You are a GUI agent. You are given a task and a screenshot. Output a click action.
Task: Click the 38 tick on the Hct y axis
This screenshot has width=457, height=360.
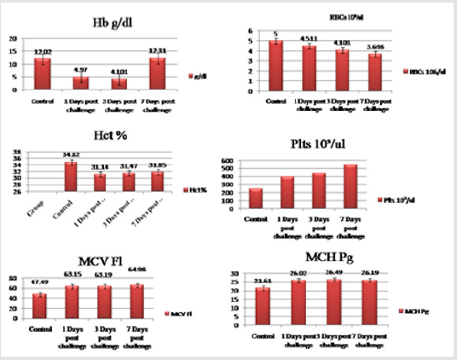17,154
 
